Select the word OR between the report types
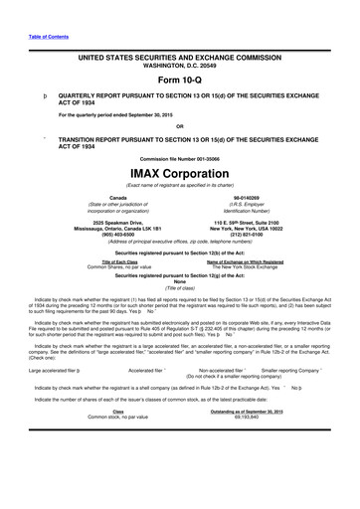(x=179, y=125)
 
